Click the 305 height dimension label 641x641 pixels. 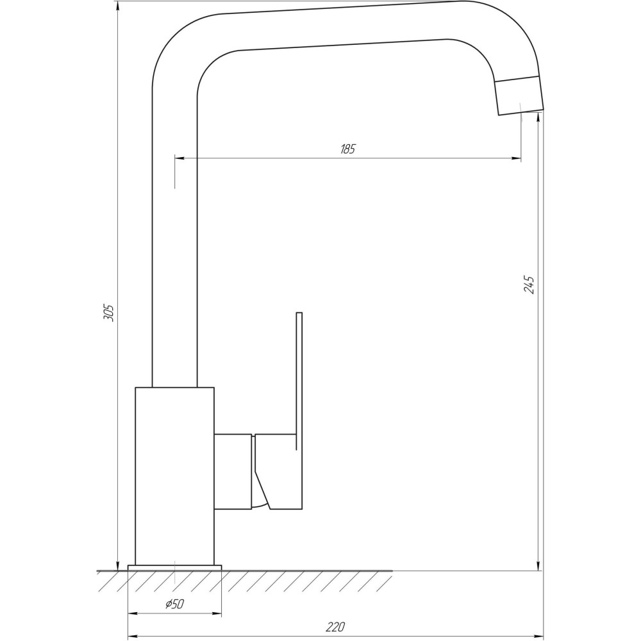(109, 312)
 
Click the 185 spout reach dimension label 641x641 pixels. (347, 150)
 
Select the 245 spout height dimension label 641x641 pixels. (529, 284)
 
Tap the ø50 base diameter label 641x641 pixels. (174, 604)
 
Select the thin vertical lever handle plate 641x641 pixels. (299, 410)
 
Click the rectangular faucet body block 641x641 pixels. (174, 474)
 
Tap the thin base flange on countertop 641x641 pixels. (174, 567)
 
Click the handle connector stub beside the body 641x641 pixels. (233, 472)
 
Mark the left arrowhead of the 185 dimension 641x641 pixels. (180, 158)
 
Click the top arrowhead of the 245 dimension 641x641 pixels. (537, 121)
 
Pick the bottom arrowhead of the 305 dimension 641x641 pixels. (118, 564)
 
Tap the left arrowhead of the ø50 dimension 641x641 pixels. (133, 613)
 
